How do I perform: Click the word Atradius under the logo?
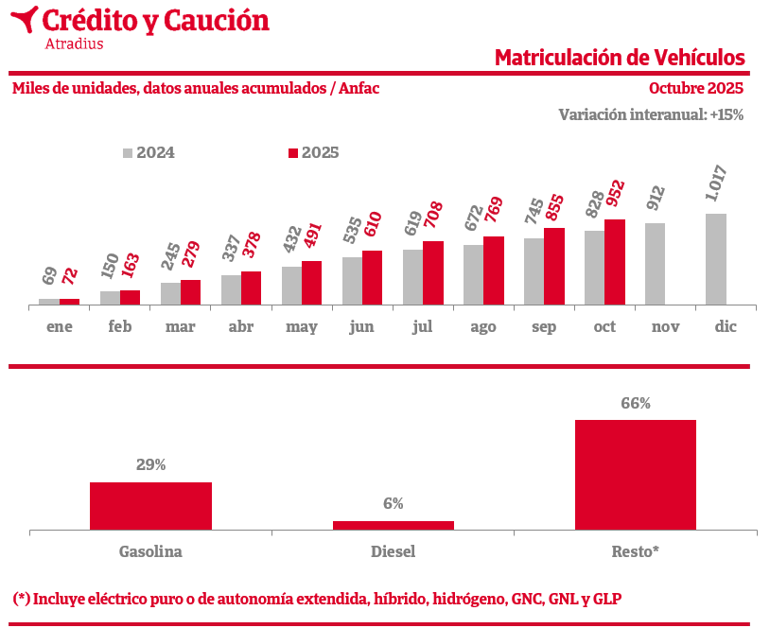tap(74, 43)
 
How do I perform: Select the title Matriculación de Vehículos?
tap(620, 58)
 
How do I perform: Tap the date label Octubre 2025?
tap(696, 89)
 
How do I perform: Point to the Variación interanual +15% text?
tap(651, 114)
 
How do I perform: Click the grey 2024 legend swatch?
tap(128, 153)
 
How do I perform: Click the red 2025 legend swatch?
tap(293, 153)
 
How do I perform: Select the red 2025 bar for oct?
tap(615, 262)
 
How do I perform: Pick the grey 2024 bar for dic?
tap(716, 259)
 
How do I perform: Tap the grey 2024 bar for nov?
tap(656, 264)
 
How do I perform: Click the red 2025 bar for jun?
tap(373, 278)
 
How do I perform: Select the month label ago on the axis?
tap(483, 327)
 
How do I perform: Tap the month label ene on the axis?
tap(60, 327)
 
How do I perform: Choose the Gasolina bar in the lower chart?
tap(150, 506)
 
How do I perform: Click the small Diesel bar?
tap(393, 525)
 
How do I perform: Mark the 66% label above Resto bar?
tap(636, 404)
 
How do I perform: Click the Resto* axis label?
tap(636, 551)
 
